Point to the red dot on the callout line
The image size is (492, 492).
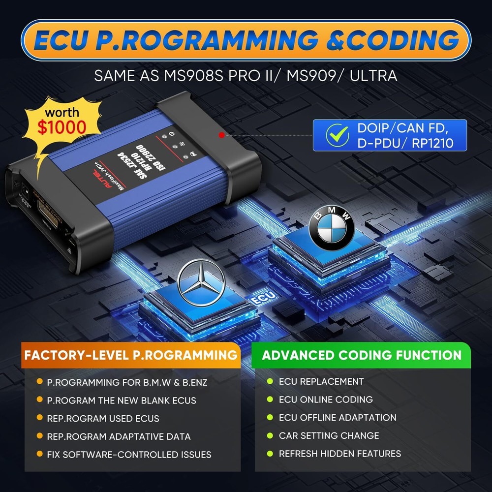click(x=222, y=134)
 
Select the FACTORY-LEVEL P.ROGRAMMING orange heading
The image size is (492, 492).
click(x=131, y=355)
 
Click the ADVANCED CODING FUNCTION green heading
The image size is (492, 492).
click(x=362, y=355)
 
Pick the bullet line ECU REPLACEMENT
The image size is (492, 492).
click(x=321, y=381)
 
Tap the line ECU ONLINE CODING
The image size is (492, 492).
click(x=326, y=400)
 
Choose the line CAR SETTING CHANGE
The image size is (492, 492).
click(x=329, y=435)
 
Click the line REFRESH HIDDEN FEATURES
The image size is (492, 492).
click(x=339, y=454)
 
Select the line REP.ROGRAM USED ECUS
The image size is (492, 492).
click(x=103, y=418)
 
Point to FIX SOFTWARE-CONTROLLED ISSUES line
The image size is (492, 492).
click(x=129, y=455)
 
